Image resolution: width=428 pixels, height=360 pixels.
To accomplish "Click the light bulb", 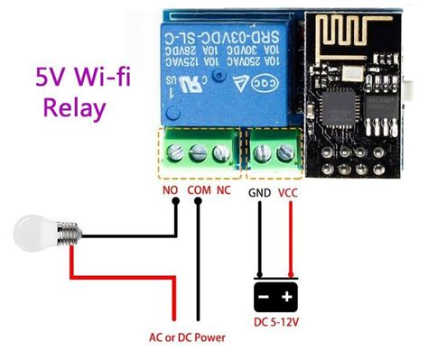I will pyautogui.click(x=34, y=237).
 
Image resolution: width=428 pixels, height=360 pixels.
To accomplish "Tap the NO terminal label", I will pyautogui.click(x=169, y=190).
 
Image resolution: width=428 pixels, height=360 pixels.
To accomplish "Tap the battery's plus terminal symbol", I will pyautogui.click(x=288, y=296).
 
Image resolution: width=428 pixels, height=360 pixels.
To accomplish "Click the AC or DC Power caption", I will pyautogui.click(x=187, y=338).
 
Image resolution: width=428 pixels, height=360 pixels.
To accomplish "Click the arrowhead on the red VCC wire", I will pyautogui.click(x=289, y=276).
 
